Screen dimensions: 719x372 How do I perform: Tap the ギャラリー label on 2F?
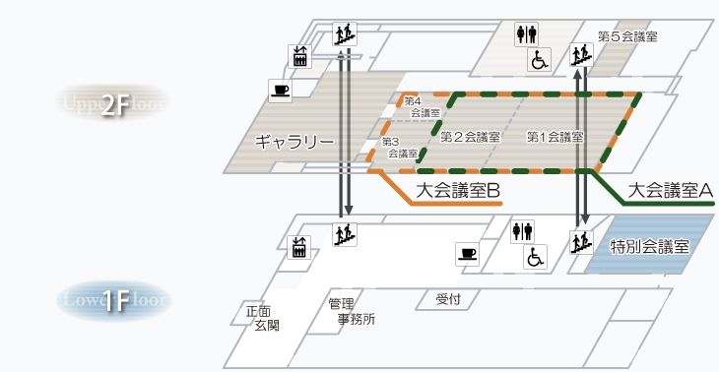tap(294, 142)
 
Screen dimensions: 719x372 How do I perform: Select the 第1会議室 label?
tap(555, 136)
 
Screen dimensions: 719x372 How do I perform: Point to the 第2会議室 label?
tap(471, 136)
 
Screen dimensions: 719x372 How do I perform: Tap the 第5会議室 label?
tap(627, 36)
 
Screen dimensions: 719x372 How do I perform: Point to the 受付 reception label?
tap(449, 298)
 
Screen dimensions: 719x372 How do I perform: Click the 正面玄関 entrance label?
tap(261, 317)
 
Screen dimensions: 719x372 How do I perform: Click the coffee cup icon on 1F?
tap(467, 255)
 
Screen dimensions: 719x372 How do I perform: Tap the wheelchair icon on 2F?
tap(541, 60)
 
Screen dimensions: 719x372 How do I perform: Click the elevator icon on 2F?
tap(300, 56)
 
